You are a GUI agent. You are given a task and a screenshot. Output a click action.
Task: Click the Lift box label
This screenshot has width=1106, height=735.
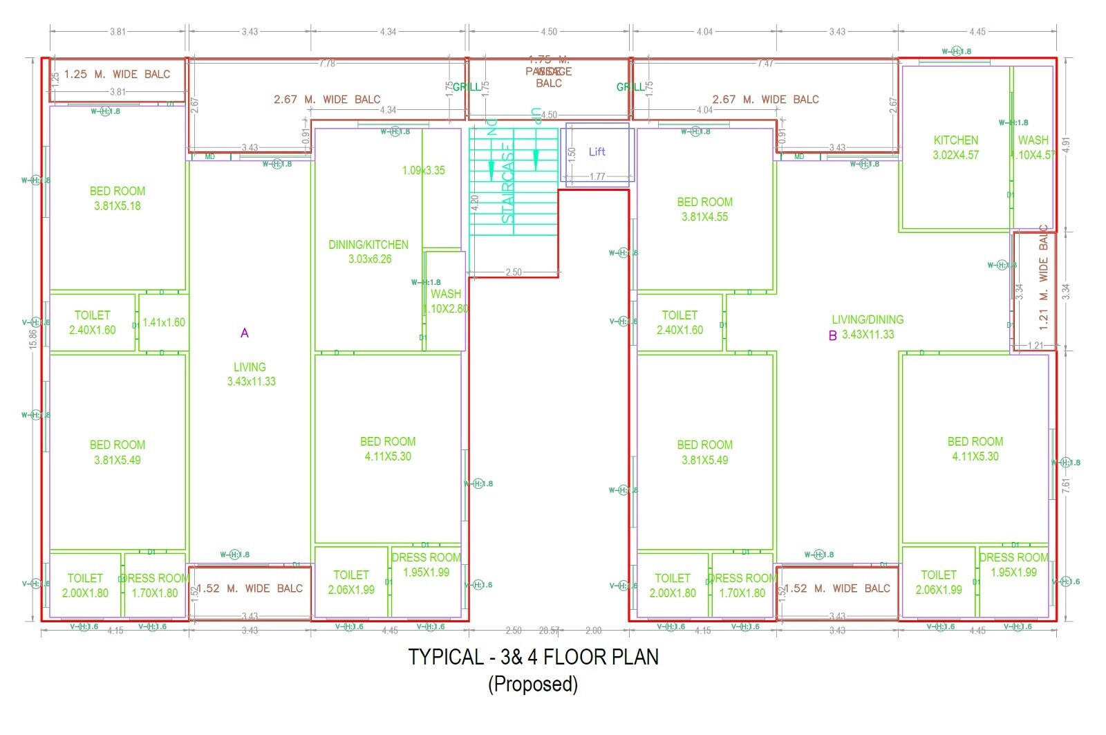click(x=597, y=151)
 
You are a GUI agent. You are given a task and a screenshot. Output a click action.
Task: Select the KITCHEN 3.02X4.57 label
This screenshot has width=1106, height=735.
click(x=956, y=147)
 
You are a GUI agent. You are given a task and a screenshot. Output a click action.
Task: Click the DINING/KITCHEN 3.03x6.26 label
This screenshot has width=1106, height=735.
click(x=368, y=252)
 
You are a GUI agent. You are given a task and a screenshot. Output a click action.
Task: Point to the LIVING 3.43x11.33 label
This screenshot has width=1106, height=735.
click(x=250, y=374)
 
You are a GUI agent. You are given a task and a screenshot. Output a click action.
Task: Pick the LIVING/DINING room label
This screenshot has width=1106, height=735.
click(x=868, y=326)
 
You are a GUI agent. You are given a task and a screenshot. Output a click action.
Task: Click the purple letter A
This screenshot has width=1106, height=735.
click(x=244, y=333)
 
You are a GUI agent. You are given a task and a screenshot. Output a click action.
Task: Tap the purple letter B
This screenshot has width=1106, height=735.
click(x=833, y=336)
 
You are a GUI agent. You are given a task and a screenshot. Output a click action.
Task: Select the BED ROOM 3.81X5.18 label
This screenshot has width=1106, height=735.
click(x=118, y=198)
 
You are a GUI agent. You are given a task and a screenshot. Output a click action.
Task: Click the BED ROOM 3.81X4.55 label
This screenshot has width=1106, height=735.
click(x=704, y=209)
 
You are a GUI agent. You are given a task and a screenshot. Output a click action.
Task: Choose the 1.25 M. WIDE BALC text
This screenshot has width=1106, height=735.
click(x=117, y=74)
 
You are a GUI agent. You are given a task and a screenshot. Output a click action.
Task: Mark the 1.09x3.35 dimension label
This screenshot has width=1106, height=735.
click(x=424, y=170)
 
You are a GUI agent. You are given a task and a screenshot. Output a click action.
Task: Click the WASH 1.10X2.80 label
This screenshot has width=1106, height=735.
click(x=446, y=301)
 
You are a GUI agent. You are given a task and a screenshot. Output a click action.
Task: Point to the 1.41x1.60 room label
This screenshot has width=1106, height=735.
click(x=164, y=322)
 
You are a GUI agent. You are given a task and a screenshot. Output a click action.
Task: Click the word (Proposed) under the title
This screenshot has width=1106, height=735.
click(x=533, y=684)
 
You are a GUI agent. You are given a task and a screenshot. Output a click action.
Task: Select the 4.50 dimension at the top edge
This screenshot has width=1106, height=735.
click(x=549, y=32)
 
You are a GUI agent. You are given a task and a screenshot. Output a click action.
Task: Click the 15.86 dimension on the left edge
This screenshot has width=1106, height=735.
click(x=33, y=338)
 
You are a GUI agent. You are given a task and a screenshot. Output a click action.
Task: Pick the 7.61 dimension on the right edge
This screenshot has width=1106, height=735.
click(x=1066, y=485)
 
